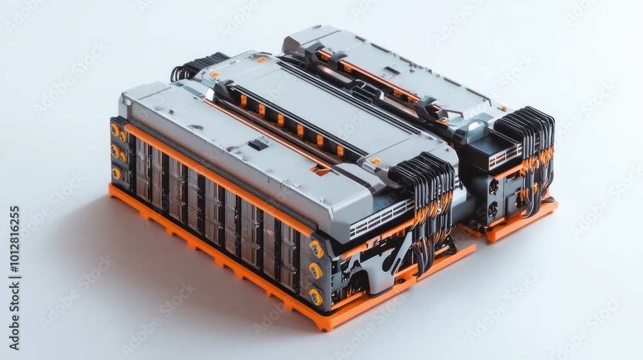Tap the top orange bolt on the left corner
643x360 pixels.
pyautogui.click(x=116, y=129)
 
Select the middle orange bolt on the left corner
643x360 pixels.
pyautogui.click(x=116, y=152)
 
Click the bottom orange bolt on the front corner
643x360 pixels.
pyautogui.click(x=315, y=296)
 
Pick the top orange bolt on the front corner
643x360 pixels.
pyautogui.click(x=316, y=248)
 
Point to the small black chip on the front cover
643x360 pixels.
pyautogui.click(x=258, y=145)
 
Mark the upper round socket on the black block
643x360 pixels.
pyautogui.click(x=493, y=187)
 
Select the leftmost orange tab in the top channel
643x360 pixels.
pyautogui.click(x=243, y=100)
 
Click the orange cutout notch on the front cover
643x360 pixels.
pyautogui.click(x=320, y=170)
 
